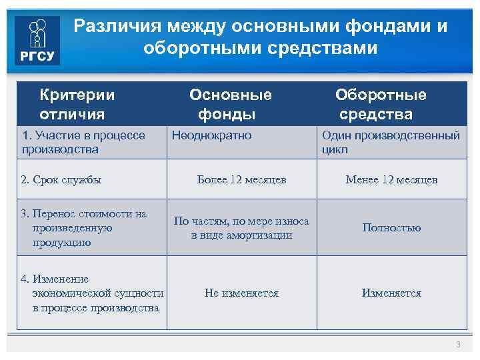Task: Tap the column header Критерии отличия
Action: (x=77, y=104)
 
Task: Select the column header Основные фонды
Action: (x=230, y=104)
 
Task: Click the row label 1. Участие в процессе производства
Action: (x=83, y=142)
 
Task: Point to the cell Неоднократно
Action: (x=212, y=135)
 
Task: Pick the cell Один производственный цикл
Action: (x=391, y=142)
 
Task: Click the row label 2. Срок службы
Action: (x=61, y=179)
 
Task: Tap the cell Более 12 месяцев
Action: (x=241, y=179)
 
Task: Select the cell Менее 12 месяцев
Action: (x=391, y=179)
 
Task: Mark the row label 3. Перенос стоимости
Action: (x=83, y=228)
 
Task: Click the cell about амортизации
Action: (x=241, y=228)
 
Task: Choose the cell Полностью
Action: (x=391, y=228)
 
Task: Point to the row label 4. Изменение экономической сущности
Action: (x=92, y=293)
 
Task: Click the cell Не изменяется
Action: (x=241, y=293)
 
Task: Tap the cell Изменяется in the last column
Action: (x=391, y=293)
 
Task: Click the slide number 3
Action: (x=458, y=344)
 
